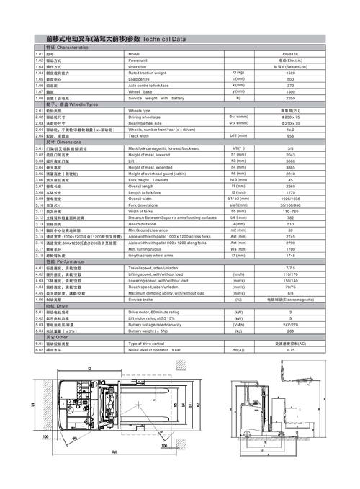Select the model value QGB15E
click(x=290, y=54)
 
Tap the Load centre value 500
click(x=290, y=79)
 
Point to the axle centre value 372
click(x=290, y=85)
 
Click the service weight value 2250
click(x=290, y=97)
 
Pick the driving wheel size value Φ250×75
click(x=290, y=116)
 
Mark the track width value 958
click(x=290, y=135)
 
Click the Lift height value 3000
click(x=290, y=160)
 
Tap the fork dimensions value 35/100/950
click(x=290, y=204)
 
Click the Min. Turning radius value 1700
click(x=290, y=248)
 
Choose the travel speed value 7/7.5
click(x=290, y=267)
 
